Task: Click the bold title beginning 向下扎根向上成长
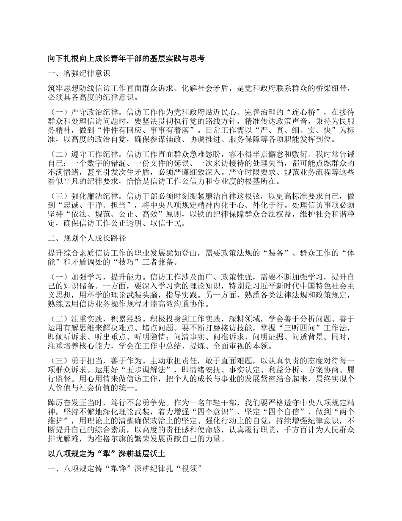pyautogui.click(x=126, y=59)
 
